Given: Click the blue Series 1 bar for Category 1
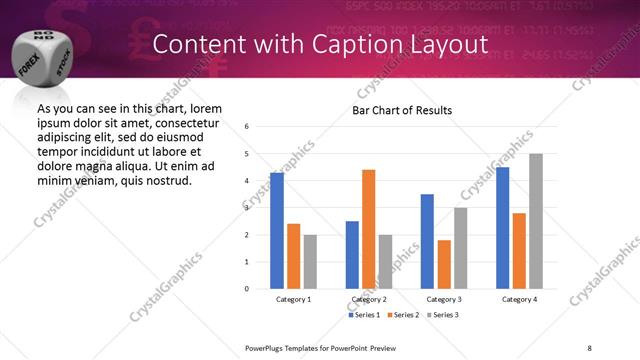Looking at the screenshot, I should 277,231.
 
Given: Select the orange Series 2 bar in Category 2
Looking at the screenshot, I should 368,229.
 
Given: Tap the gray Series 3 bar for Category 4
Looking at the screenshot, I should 536,221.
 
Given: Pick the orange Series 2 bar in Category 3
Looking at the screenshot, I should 444,264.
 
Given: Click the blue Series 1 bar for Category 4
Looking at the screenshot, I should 502,228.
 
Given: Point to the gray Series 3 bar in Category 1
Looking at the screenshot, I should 310,262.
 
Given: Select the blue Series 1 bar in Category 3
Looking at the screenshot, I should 427,241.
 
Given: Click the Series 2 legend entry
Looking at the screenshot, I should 404,315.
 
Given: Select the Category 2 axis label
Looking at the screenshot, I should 370,299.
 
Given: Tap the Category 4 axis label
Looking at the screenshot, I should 520,299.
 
